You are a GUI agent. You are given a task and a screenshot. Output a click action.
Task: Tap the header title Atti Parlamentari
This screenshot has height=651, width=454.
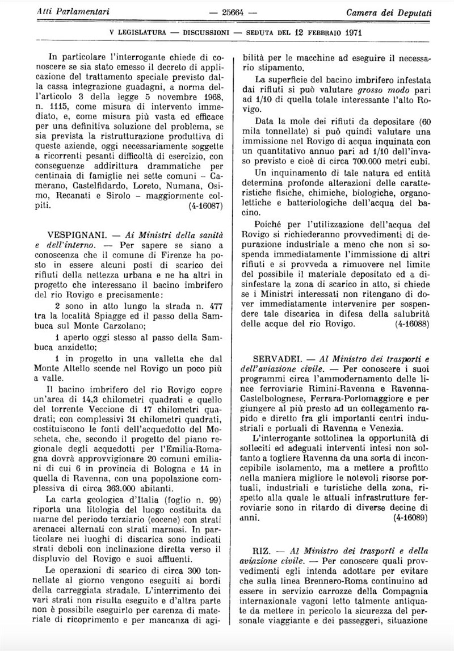61,12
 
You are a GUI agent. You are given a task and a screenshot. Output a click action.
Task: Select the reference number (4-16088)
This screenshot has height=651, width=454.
412,324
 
